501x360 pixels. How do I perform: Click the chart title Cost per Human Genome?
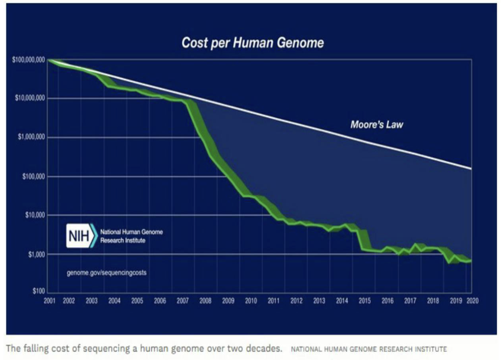(x=253, y=43)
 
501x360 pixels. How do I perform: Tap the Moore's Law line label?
(x=376, y=125)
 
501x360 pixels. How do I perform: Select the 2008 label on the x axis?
(x=205, y=301)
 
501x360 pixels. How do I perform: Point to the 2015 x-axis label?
(x=364, y=301)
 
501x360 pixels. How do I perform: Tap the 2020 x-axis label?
(x=472, y=301)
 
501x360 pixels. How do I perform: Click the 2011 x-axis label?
(x=273, y=301)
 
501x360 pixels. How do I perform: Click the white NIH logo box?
(x=78, y=235)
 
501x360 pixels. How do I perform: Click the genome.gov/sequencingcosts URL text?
(x=106, y=273)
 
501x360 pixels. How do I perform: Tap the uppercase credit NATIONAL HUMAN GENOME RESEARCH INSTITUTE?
(x=368, y=349)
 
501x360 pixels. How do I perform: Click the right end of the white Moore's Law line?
(x=470, y=168)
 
